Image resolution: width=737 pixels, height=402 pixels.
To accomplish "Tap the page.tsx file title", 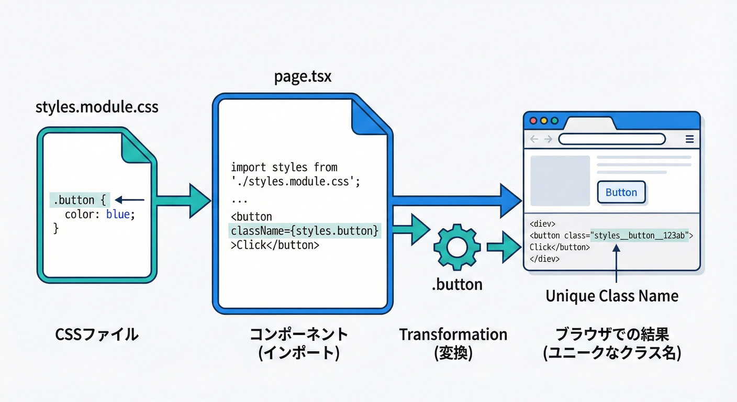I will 303,77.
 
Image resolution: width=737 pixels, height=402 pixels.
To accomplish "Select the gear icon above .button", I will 457,245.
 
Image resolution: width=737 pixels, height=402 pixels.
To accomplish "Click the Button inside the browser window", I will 621,193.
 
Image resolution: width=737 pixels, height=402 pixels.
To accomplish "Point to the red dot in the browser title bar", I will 533,120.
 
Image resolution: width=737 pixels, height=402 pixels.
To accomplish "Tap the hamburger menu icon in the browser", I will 689,139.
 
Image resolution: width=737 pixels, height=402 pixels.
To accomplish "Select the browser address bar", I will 611,139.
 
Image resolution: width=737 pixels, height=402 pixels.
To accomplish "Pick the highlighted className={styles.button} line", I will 305,231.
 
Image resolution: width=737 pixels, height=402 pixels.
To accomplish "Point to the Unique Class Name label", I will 611,296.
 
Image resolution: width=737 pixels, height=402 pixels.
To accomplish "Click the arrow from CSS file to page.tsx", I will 183,200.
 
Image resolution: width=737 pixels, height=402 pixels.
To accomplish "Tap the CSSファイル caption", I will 97,334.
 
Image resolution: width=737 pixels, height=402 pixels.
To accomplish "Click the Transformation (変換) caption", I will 453,343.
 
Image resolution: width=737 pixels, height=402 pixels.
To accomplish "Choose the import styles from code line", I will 284,167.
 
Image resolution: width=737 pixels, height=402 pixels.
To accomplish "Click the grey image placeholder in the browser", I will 560,181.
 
